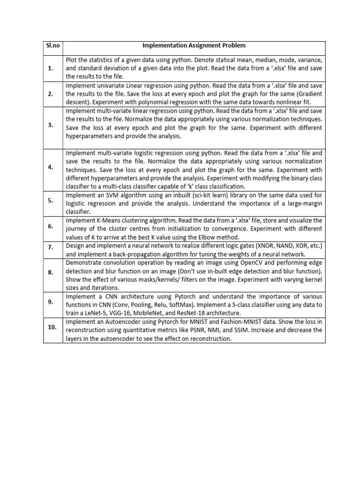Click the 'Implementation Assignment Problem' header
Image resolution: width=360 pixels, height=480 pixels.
(194, 45)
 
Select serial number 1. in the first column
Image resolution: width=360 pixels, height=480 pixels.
(50, 68)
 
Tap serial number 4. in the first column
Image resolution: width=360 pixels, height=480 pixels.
(50, 167)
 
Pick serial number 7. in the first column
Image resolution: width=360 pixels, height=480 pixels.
(50, 246)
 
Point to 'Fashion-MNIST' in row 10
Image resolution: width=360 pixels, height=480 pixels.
(226, 322)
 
